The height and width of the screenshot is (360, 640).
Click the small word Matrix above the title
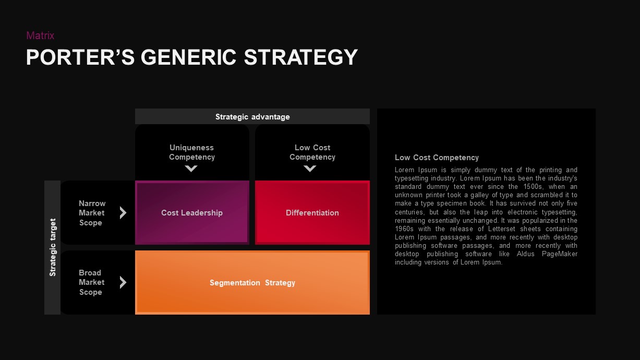click(40, 35)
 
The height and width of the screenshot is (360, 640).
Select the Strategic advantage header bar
click(252, 117)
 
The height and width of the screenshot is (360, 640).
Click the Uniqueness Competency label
click(192, 152)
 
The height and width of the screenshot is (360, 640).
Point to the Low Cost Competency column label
click(312, 152)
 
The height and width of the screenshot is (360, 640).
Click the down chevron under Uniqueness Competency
click(191, 169)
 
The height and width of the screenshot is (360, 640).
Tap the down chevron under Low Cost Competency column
click(310, 169)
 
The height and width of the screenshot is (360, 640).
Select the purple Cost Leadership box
click(192, 213)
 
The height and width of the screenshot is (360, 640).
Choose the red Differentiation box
click(312, 213)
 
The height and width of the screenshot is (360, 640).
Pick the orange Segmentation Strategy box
click(252, 283)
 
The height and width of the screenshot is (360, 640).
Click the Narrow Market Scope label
click(92, 213)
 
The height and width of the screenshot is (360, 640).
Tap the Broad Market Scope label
click(91, 282)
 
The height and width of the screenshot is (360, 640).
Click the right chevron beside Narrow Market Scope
click(123, 213)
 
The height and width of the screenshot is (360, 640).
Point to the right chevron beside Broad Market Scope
click(123, 282)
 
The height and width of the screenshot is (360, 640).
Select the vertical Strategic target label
click(53, 247)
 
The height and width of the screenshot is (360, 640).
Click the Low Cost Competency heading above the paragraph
click(437, 158)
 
